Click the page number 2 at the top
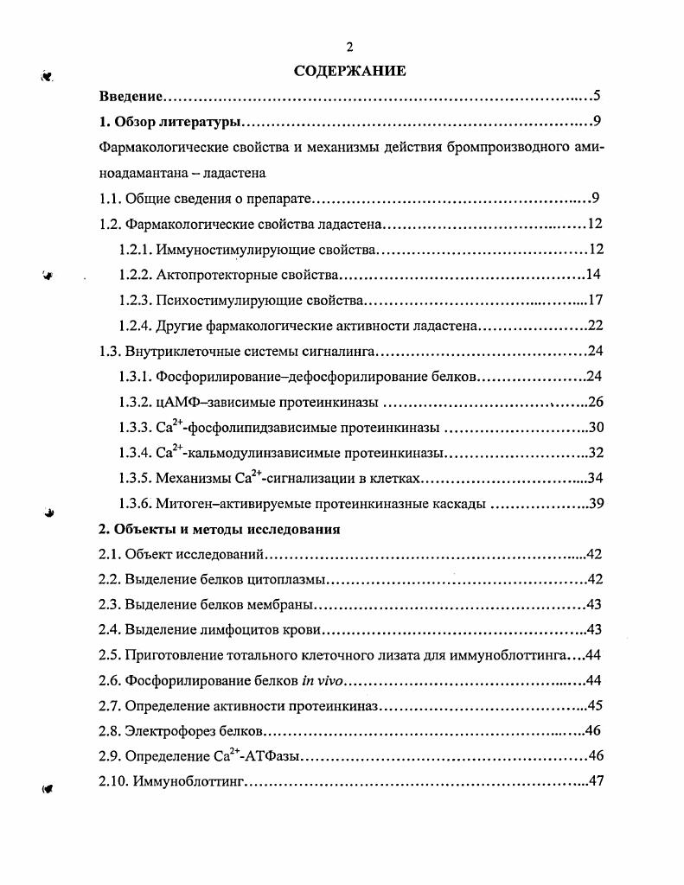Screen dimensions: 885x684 click(349, 48)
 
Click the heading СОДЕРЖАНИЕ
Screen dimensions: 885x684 click(349, 71)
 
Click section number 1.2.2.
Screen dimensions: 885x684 click(135, 276)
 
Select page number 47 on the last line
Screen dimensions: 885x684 click(594, 782)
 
